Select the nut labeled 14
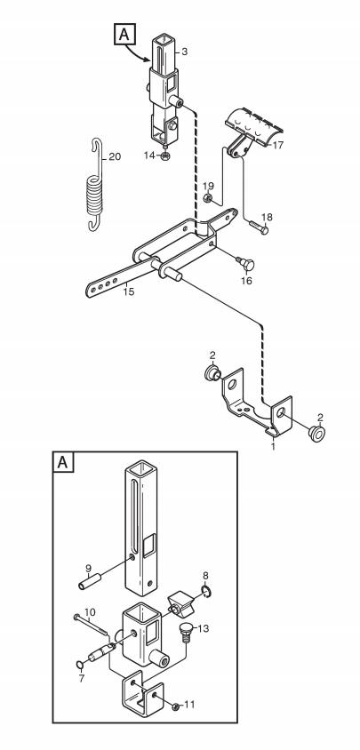coord(164,156)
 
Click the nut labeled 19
coord(208,198)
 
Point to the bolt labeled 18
coord(259,227)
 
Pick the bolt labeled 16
coord(245,263)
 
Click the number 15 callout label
coord(128,291)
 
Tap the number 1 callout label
coord(274,446)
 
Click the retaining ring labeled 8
coord(206,592)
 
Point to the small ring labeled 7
coord(81,664)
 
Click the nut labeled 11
coord(175,706)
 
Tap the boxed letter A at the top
coord(124,34)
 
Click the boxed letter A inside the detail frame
coord(63,463)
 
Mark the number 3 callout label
coord(184,52)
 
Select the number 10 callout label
coord(90,611)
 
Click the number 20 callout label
coord(115,156)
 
